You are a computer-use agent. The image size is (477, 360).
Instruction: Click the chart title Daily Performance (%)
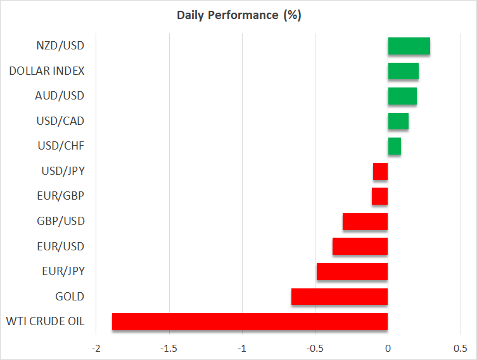(238, 15)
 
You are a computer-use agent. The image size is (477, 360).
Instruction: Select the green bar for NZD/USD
(409, 46)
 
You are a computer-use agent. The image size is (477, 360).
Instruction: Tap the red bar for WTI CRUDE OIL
(250, 321)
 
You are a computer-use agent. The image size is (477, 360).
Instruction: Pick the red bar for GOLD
(340, 297)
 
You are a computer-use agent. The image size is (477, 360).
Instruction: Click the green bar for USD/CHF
(394, 146)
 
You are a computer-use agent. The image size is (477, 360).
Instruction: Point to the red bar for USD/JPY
(380, 171)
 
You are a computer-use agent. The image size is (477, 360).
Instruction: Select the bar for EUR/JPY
(352, 271)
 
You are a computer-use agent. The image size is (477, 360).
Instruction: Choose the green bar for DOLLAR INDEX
(403, 71)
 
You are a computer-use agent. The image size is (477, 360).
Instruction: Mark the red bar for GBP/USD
(365, 221)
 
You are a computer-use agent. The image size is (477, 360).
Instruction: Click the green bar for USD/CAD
(398, 121)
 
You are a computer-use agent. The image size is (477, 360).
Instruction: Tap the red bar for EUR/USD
(360, 247)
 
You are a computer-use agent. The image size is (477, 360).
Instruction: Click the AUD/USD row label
(60, 96)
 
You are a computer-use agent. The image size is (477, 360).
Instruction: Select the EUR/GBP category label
(61, 196)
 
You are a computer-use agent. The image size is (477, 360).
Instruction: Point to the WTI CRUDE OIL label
(46, 321)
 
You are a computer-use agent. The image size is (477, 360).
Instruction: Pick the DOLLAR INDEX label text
(47, 71)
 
